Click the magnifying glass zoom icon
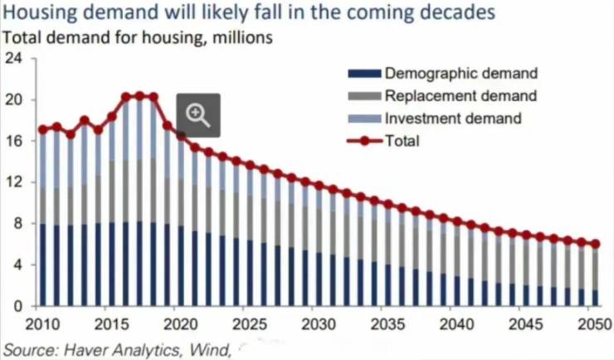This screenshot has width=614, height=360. pos(198,114)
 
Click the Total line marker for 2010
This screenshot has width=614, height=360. pos(42,129)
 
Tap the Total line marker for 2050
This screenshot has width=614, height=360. pos(595,244)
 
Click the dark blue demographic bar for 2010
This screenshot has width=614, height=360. pos(42,265)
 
